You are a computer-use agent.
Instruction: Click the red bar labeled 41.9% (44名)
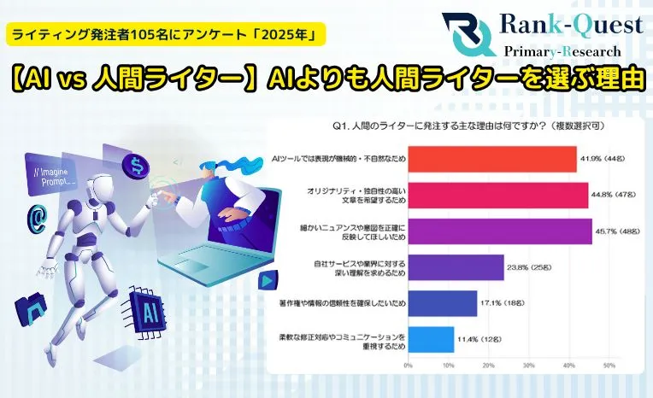492,159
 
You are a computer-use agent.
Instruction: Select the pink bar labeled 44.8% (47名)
498,196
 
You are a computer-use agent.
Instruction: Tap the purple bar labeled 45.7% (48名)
500,231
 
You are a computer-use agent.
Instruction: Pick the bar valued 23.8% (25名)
456,267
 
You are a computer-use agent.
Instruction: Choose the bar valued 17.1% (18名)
442,303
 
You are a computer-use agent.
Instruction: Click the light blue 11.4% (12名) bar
431,340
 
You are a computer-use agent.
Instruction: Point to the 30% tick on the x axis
528,366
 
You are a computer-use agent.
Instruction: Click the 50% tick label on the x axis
609,366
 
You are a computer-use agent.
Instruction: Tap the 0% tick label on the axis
409,366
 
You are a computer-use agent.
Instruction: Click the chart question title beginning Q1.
468,126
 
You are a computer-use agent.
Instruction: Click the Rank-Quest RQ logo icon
468,34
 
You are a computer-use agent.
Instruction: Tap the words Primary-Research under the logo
562,51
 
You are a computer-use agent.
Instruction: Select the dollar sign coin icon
136,165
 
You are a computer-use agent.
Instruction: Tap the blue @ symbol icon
37,219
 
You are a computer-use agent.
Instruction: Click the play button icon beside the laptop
267,282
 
